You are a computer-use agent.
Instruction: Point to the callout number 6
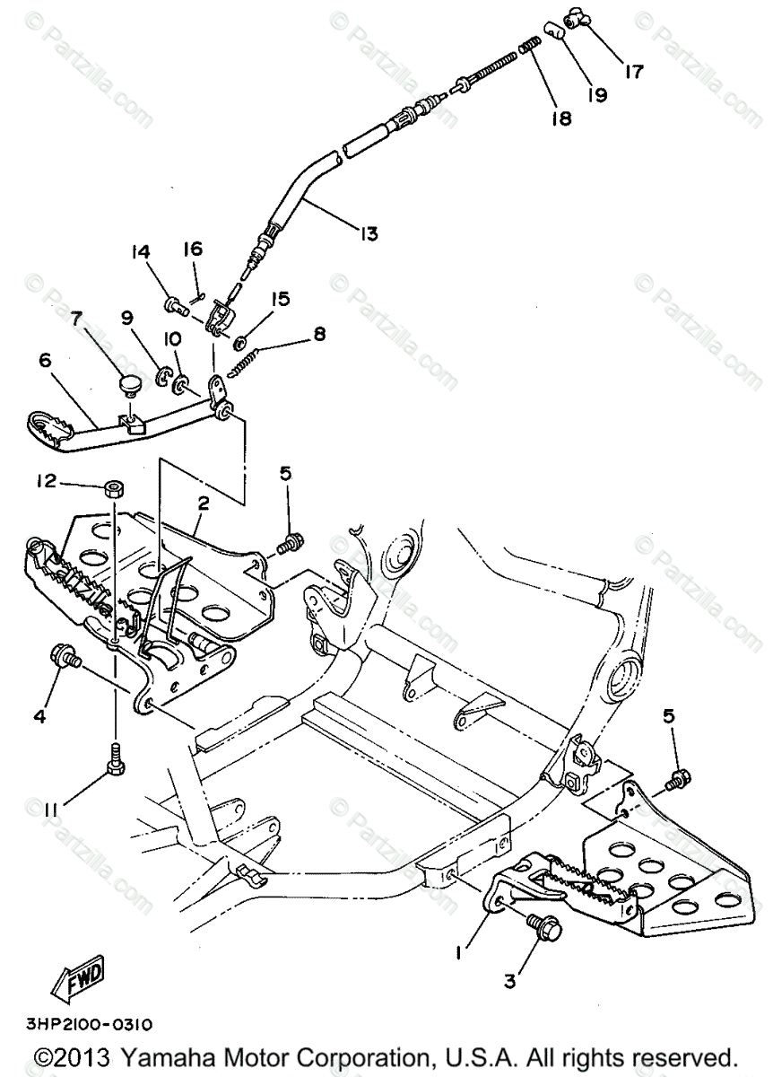(46, 360)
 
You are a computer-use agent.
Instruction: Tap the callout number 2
(204, 503)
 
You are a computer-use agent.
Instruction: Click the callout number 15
(281, 297)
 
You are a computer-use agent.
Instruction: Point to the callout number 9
(126, 317)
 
